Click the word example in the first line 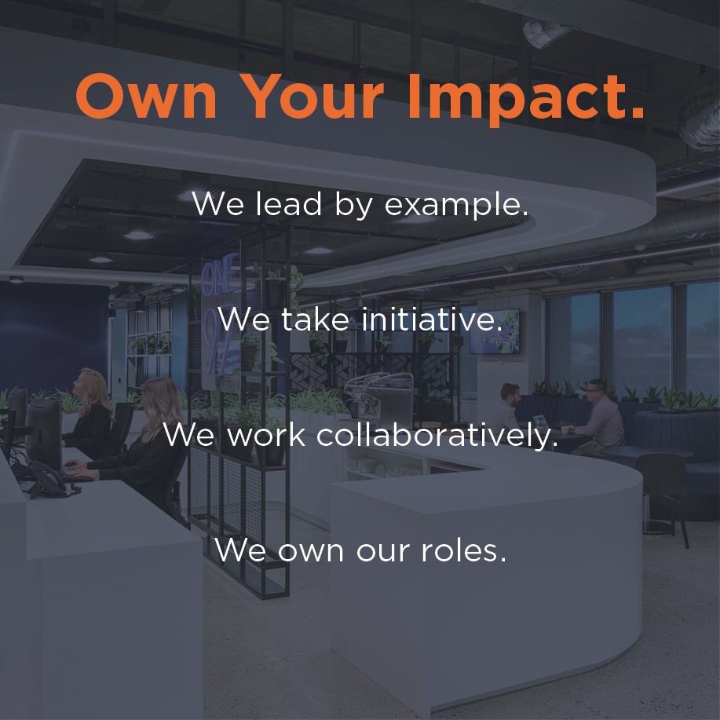456,205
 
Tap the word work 266,434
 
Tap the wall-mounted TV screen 495,331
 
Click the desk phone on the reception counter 48,481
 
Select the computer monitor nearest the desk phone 43,434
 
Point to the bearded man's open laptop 540,422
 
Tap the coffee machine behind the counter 379,395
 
